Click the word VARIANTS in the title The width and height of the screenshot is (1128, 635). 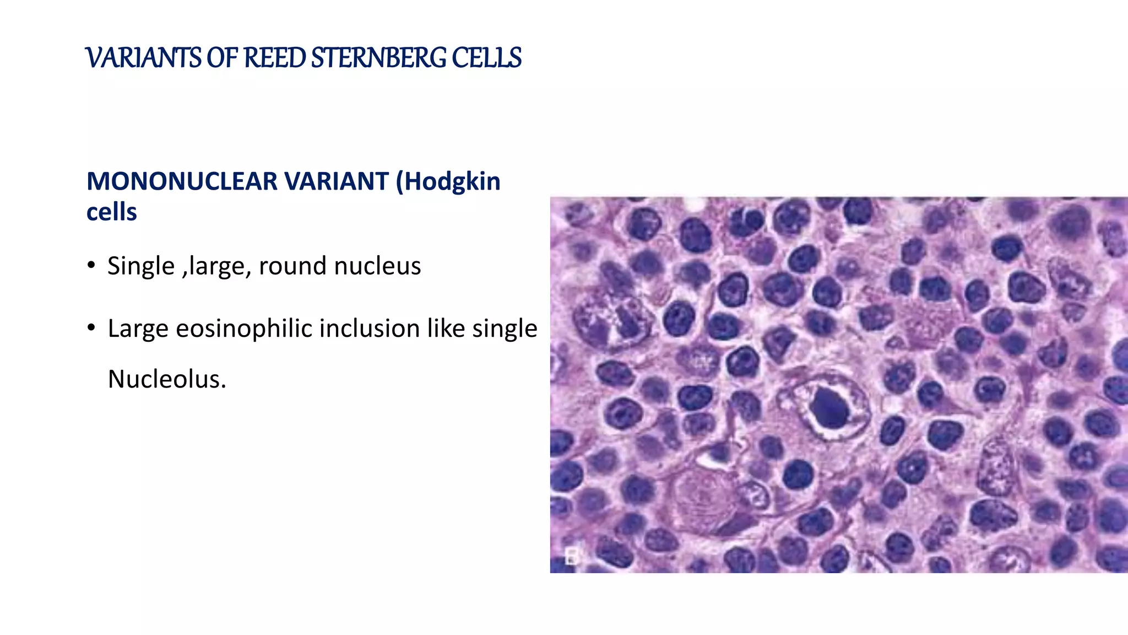pos(144,58)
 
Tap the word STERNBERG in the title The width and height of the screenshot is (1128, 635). pos(378,58)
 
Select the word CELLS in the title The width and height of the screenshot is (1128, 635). pos(486,58)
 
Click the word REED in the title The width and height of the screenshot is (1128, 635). pos(274,58)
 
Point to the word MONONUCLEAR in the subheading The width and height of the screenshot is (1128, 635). pos(182,181)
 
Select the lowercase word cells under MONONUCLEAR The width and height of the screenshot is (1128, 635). pos(111,212)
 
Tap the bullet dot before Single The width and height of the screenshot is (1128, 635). pos(91,266)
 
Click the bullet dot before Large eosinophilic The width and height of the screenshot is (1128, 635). pos(91,328)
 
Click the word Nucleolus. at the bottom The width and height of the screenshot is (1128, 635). pos(167,379)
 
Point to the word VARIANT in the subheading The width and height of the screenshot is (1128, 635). pos(336,181)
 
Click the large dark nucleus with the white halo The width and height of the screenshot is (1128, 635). pos(831,408)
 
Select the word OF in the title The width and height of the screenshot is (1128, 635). pos(222,58)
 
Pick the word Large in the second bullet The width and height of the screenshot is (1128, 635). pos(138,329)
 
